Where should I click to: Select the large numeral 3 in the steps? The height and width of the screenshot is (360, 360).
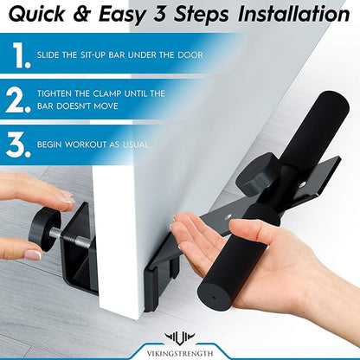pyautogui.click(x=18, y=145)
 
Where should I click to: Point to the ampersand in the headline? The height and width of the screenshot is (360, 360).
pyautogui.click(x=82, y=14)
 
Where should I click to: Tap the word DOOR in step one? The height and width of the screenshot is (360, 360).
pyautogui.click(x=190, y=55)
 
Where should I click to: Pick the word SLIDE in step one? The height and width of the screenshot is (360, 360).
pyautogui.click(x=48, y=55)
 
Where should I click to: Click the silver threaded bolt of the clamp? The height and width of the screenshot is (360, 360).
pyautogui.click(x=72, y=234)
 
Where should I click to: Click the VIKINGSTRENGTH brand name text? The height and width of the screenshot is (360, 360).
pyautogui.click(x=180, y=354)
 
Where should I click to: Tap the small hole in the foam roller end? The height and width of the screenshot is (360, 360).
pyautogui.click(x=214, y=297)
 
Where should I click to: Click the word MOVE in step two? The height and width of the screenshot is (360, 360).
pyautogui.click(x=106, y=106)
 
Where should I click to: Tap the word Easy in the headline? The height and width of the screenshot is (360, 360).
pyautogui.click(x=122, y=15)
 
